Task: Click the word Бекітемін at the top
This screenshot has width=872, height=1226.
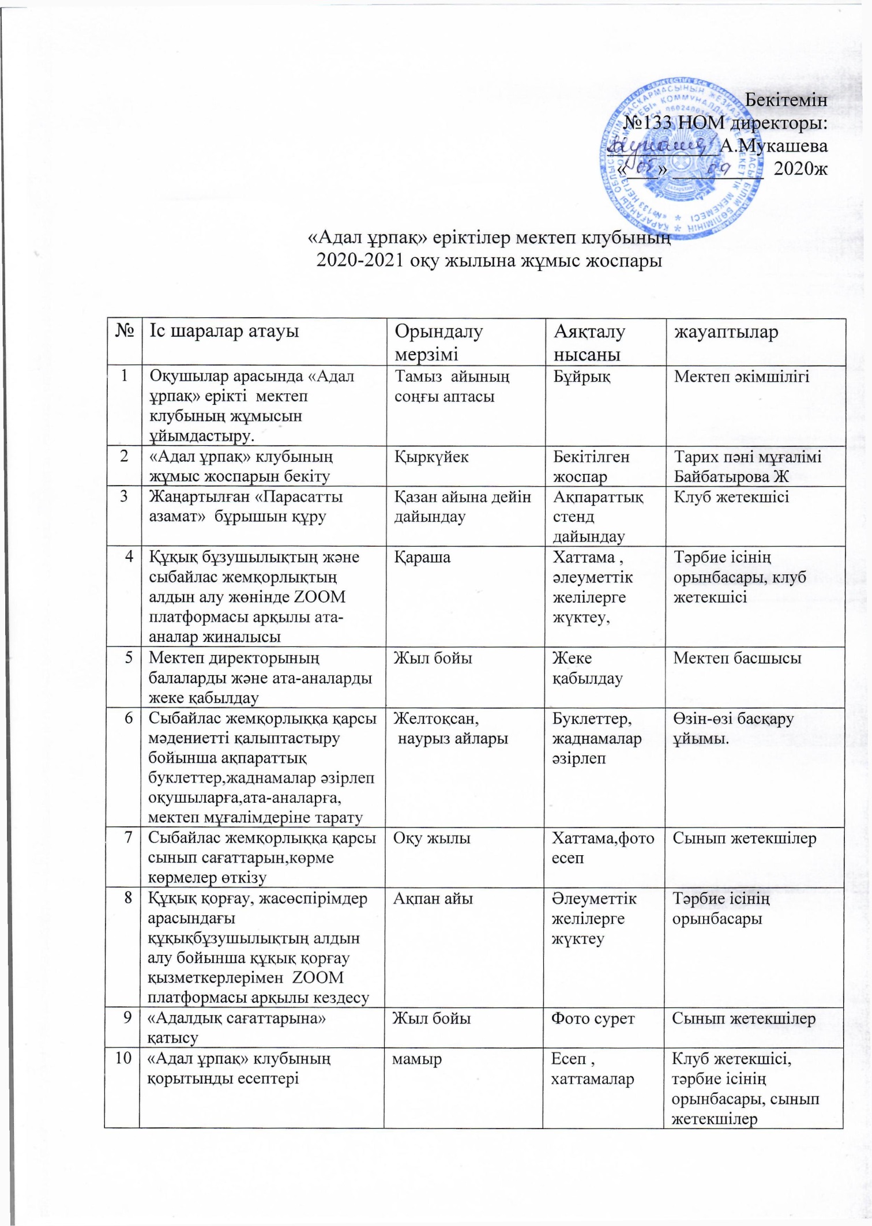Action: click(786, 99)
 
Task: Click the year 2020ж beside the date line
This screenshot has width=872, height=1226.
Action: click(800, 169)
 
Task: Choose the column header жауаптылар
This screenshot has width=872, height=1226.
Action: click(726, 332)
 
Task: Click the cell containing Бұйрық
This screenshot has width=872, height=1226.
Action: click(582, 377)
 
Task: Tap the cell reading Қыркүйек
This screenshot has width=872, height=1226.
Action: click(431, 457)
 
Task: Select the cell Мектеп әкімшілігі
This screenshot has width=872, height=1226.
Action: click(742, 377)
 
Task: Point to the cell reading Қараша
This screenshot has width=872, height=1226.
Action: click(422, 557)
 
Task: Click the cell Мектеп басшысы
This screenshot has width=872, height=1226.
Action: click(736, 658)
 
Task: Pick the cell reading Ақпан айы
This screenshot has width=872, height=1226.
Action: click(433, 898)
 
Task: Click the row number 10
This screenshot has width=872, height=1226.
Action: click(122, 1059)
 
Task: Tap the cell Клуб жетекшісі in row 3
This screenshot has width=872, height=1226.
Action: click(731, 497)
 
